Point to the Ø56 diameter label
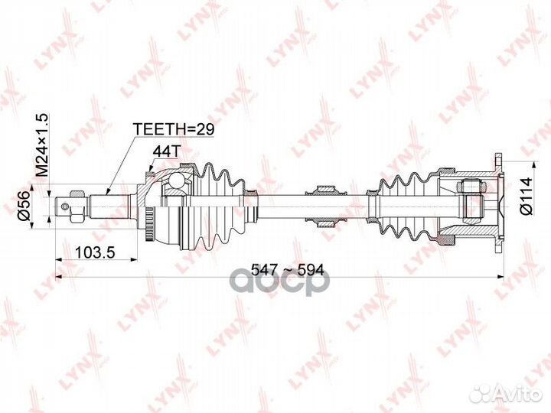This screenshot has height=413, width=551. tap(24, 204)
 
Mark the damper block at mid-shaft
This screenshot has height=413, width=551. tap(324, 204)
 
